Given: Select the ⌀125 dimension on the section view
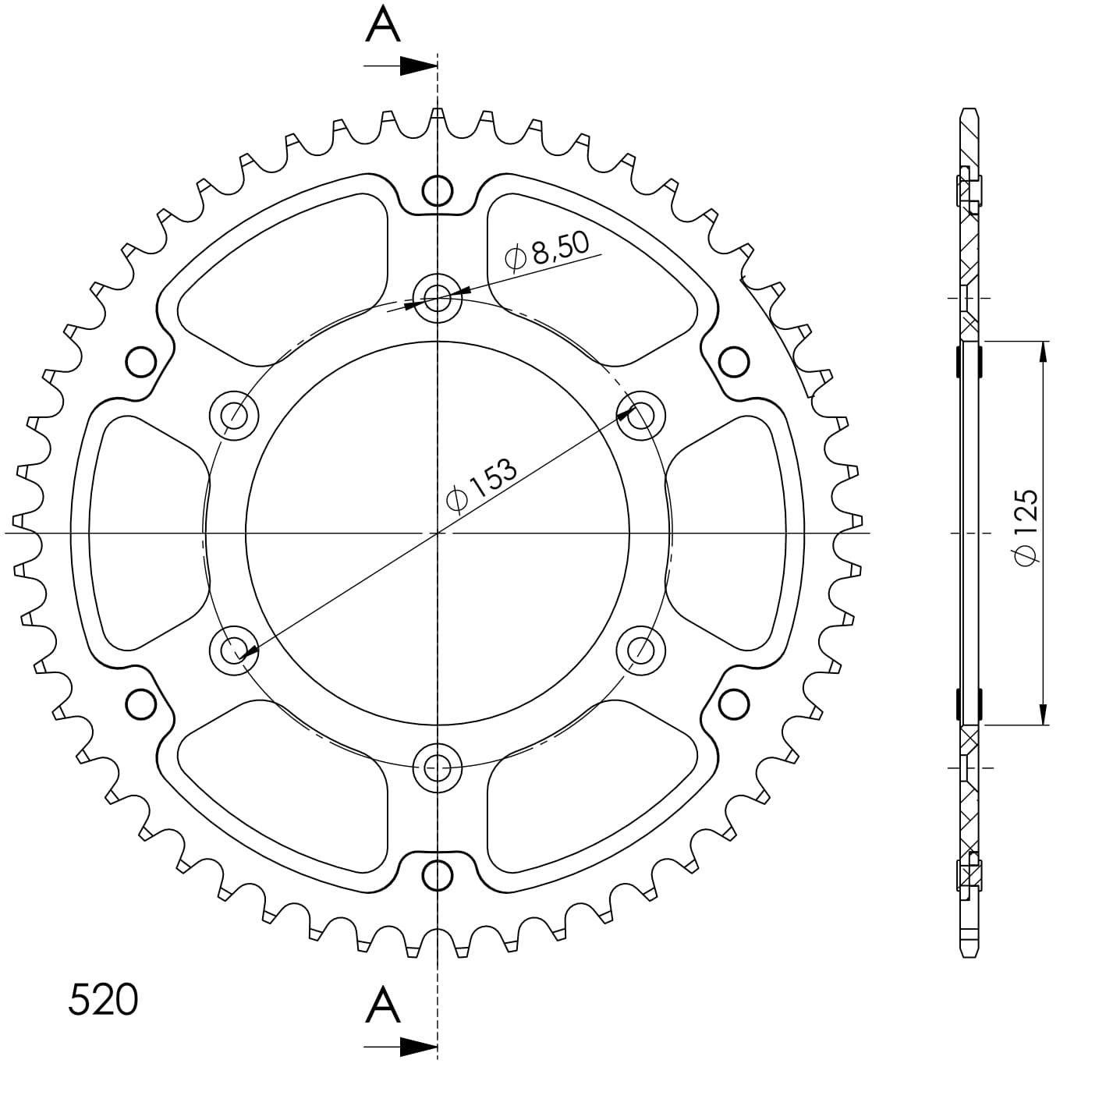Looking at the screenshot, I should tap(1026, 527).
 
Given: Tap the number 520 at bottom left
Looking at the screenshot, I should tap(103, 999).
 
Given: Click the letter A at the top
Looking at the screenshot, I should tap(383, 25).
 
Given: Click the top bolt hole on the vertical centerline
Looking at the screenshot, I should tap(437, 297).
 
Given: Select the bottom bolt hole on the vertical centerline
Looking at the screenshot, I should tap(437, 767).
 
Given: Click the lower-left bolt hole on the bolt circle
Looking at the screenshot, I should tap(234, 649).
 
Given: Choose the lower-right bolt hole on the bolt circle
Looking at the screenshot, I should tap(640, 649).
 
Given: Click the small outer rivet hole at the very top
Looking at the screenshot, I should tap(437, 190).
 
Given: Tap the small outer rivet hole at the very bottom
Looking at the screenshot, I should tap(437, 874).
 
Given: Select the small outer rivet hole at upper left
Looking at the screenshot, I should tap(141, 362).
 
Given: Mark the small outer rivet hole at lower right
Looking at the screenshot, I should tap(733, 704).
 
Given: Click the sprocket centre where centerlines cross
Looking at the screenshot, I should tap(437, 533).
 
